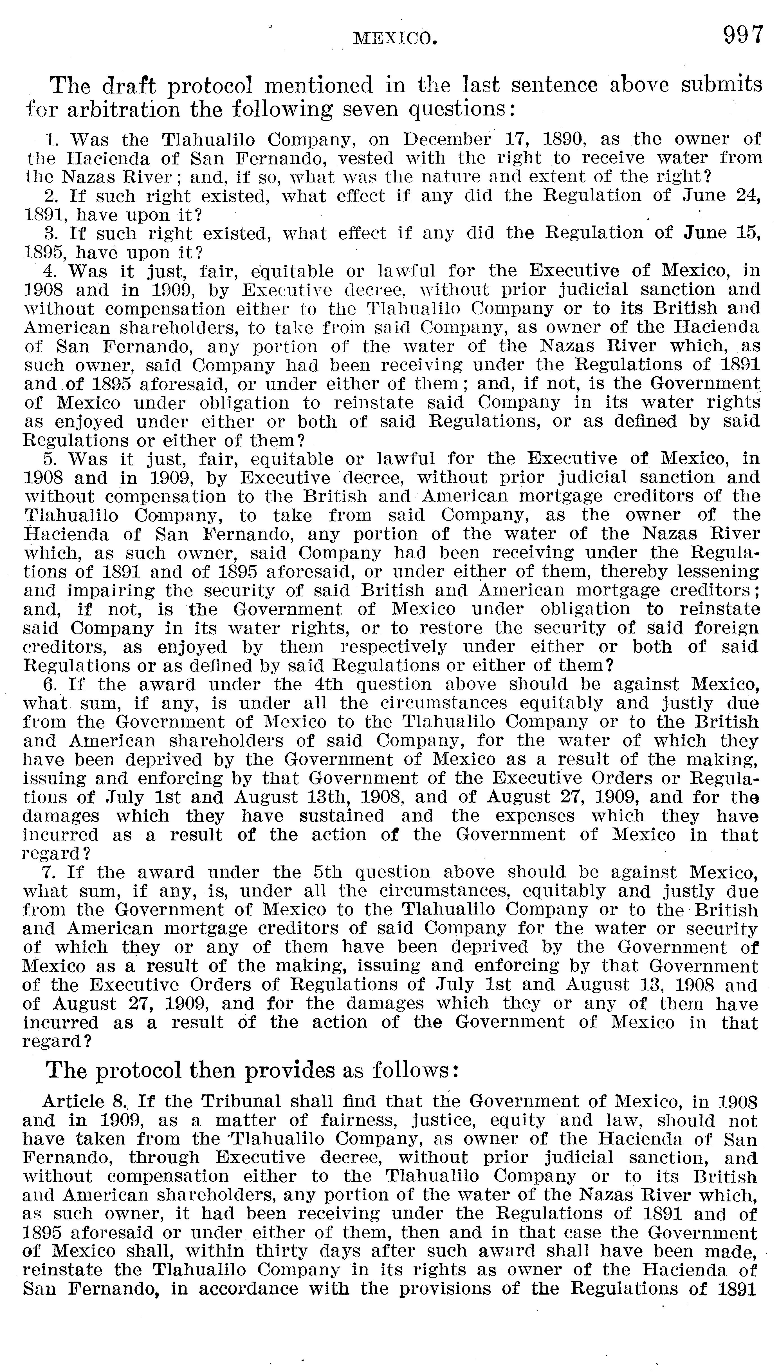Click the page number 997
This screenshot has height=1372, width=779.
tap(743, 35)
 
